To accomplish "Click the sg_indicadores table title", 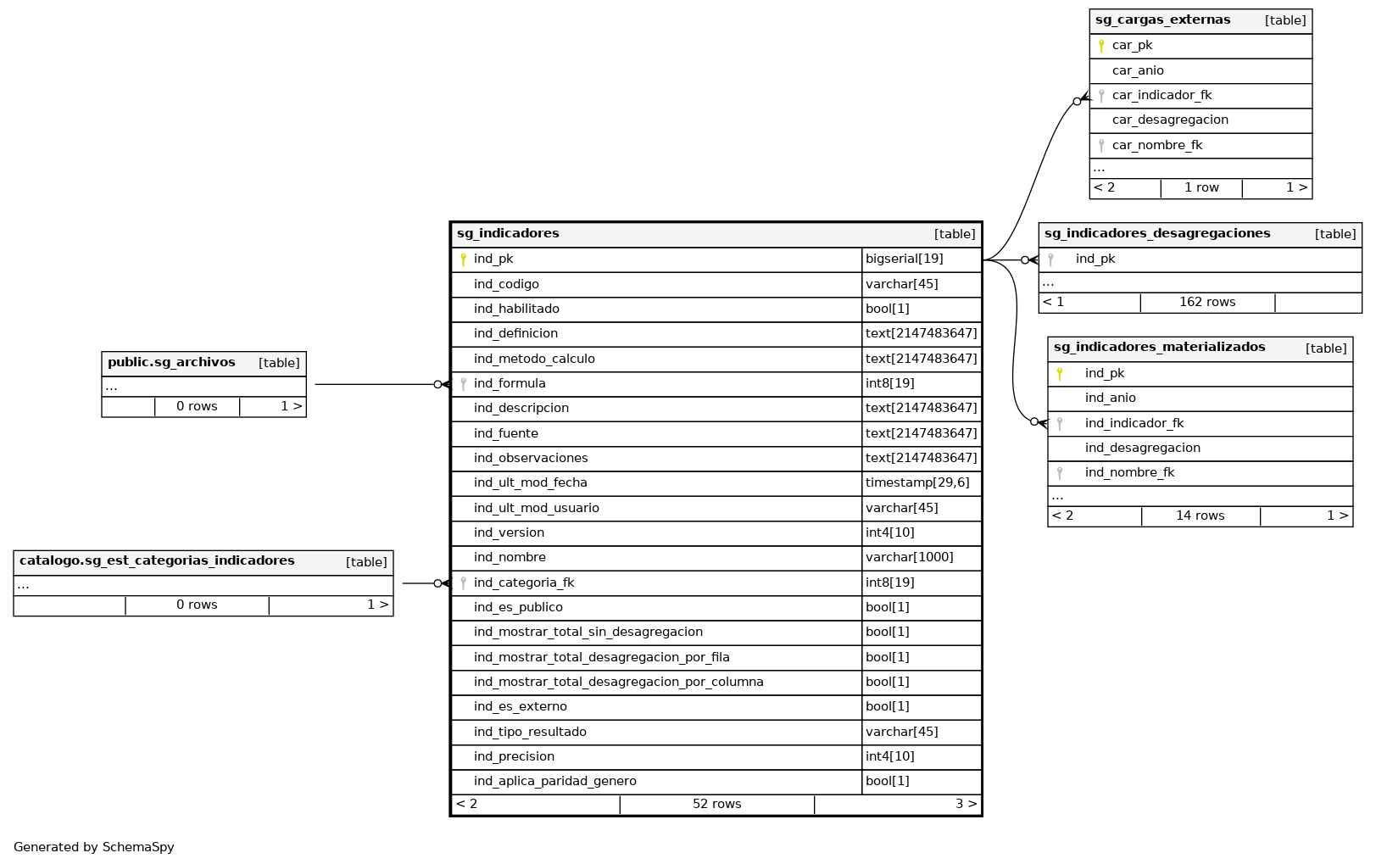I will (508, 233).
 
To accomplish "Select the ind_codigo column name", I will (506, 284).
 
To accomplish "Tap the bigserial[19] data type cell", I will (904, 259).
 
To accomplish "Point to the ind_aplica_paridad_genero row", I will (554, 781).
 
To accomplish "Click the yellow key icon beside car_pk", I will (1101, 46).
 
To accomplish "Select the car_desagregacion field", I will (1170, 120).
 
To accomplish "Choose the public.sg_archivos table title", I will (171, 362).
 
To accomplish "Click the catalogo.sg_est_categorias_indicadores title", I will (157, 560).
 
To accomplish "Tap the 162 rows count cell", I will (1207, 302).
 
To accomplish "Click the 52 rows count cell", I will (716, 804).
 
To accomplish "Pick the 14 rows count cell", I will (1200, 516).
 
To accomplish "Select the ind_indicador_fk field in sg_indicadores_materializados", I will (1134, 423).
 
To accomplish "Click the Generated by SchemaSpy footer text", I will (94, 847).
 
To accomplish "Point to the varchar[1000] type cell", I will (909, 557).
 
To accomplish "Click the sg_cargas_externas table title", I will (1162, 20).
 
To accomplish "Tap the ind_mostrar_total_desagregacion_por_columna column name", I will (618, 682).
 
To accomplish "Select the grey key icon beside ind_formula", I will (463, 384).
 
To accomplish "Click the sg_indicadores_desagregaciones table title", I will (1157, 233).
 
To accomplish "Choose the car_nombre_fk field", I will (1157, 145).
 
